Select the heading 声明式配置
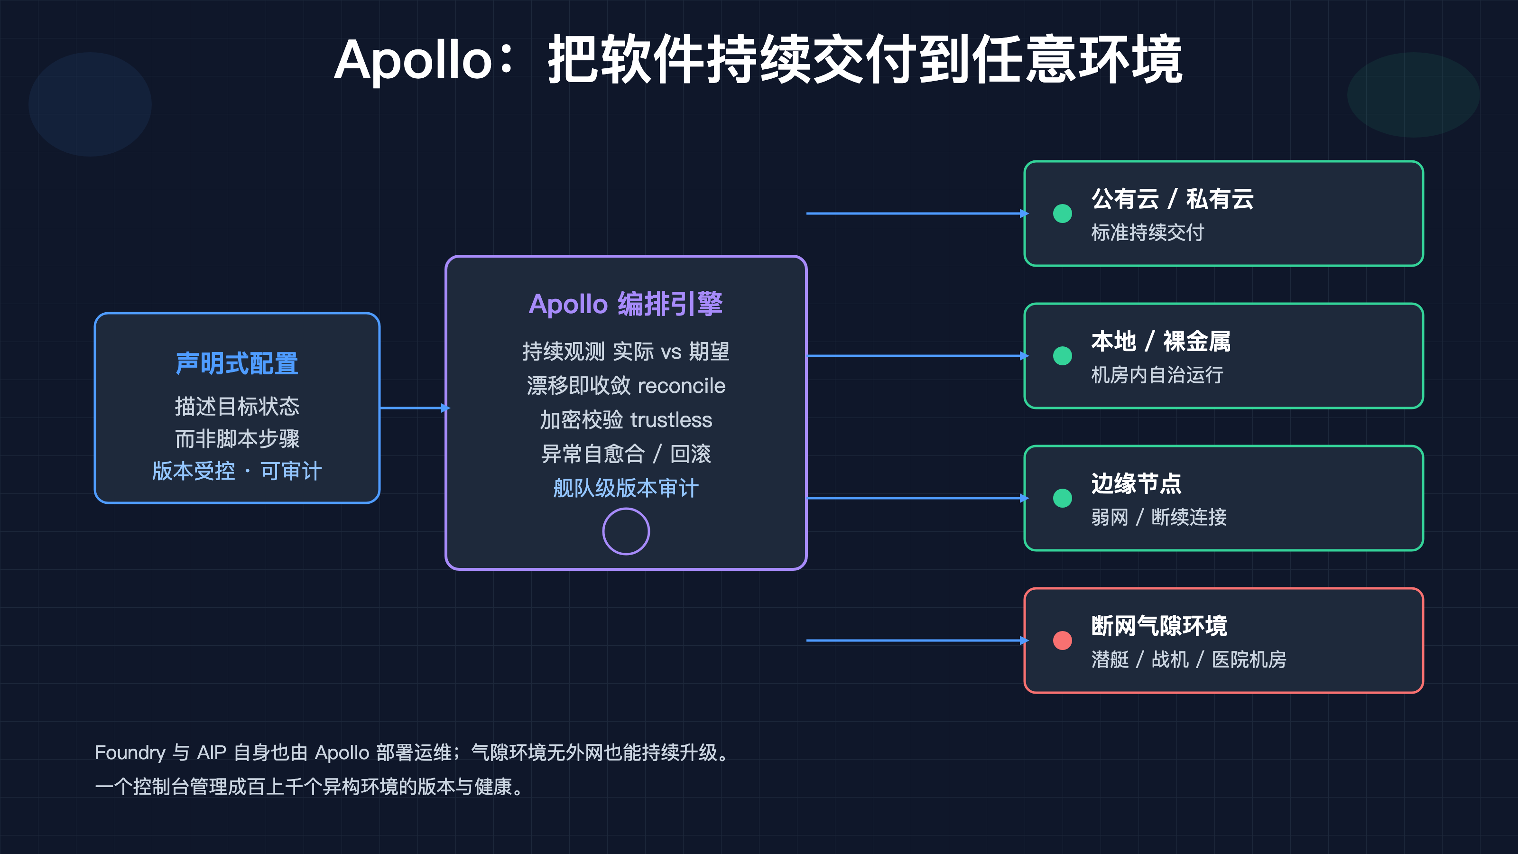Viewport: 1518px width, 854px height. coord(237,363)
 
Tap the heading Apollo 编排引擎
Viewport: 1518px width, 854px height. coord(626,304)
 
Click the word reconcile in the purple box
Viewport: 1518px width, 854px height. coord(681,386)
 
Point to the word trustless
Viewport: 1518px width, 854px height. coord(671,420)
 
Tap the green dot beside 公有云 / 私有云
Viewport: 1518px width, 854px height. coord(1063,213)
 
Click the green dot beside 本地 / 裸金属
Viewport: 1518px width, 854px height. coord(1063,355)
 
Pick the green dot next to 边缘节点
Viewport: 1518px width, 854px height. coord(1063,498)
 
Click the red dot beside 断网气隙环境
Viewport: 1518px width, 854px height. coord(1063,640)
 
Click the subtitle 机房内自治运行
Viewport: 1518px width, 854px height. coord(1157,375)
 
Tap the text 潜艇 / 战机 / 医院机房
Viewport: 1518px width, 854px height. coord(1189,659)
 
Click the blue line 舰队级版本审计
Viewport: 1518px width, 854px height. coord(626,488)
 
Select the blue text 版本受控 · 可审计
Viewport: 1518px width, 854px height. coord(237,471)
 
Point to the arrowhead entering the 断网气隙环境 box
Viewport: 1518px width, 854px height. coord(1024,640)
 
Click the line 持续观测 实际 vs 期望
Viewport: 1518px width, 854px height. coord(626,352)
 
